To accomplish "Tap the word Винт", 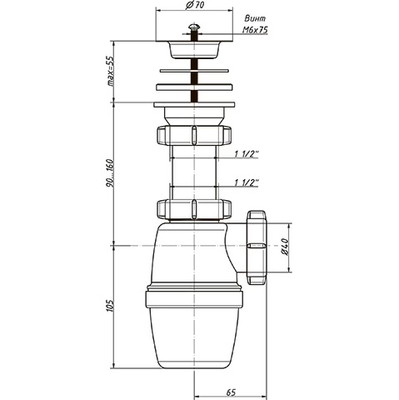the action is [x=255, y=18].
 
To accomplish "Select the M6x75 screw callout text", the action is [x=255, y=30].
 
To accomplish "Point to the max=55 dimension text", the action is [x=110, y=71].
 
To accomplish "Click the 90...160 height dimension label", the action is [x=110, y=172].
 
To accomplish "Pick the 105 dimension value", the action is [x=110, y=305].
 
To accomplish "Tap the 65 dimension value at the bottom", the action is [x=231, y=392].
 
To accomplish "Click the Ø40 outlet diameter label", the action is [x=285, y=247].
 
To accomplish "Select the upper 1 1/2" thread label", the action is [x=247, y=154].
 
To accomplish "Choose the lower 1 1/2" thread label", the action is [x=247, y=182].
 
